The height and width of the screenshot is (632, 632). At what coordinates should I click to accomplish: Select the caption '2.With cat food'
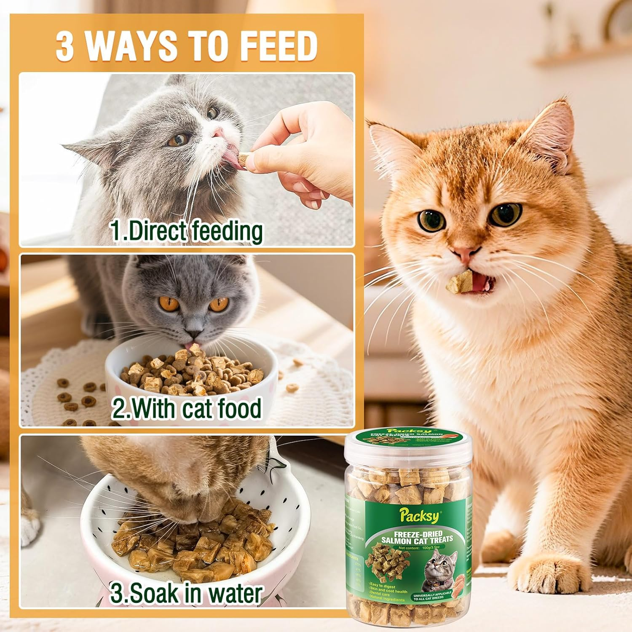coord(186,408)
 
